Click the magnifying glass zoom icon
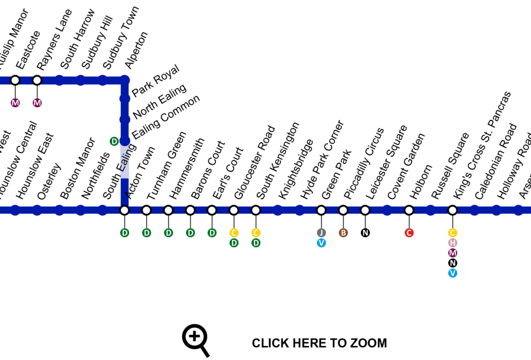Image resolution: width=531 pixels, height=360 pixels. pos(195,339)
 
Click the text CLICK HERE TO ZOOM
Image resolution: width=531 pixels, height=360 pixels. pos(319,344)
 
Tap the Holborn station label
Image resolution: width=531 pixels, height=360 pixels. pos(421,182)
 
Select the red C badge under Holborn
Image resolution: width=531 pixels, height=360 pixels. pos(409,233)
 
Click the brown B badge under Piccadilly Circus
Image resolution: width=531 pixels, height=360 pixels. pos(343,233)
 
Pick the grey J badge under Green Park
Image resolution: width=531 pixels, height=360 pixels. pos(321,233)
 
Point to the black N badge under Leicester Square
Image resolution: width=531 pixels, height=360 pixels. pos(365,233)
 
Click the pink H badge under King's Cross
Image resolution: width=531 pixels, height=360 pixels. pos(452,243)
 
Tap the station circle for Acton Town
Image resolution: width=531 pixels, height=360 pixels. pos(124,210)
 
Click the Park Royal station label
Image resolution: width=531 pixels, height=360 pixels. pos(155,81)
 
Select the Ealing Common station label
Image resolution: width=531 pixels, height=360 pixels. pos(166,116)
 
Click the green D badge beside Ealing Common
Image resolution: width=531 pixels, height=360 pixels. pos(114,141)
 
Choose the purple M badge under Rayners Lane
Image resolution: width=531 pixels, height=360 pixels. pos(37,103)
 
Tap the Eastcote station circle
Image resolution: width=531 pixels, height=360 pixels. pos(15,80)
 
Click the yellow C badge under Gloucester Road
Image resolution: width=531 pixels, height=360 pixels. pos(234,233)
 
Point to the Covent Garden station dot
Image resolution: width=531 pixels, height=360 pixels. pos(387,210)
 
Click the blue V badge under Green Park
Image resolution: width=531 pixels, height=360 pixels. pos(321,243)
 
